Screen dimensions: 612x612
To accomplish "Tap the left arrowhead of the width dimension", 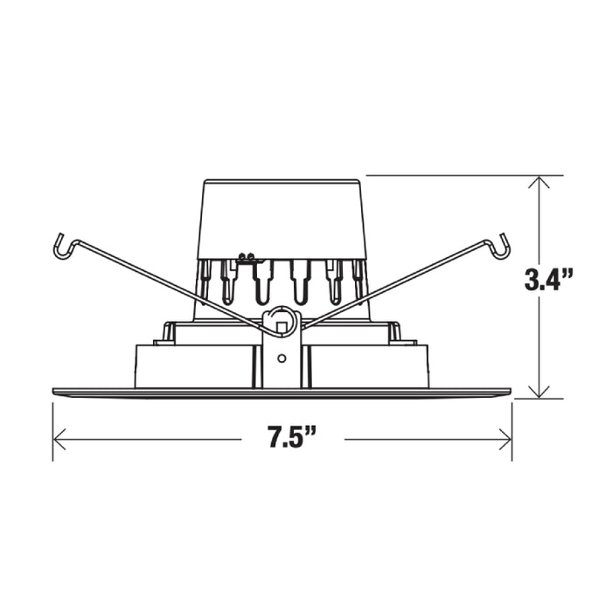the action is coord(59,440).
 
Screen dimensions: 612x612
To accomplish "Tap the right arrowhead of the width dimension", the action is coord(504,440).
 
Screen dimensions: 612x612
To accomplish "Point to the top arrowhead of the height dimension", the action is coord(539,182).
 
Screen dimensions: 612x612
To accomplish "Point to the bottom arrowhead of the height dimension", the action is coord(539,392).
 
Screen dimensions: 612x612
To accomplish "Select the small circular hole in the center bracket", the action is coord(282,358).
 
